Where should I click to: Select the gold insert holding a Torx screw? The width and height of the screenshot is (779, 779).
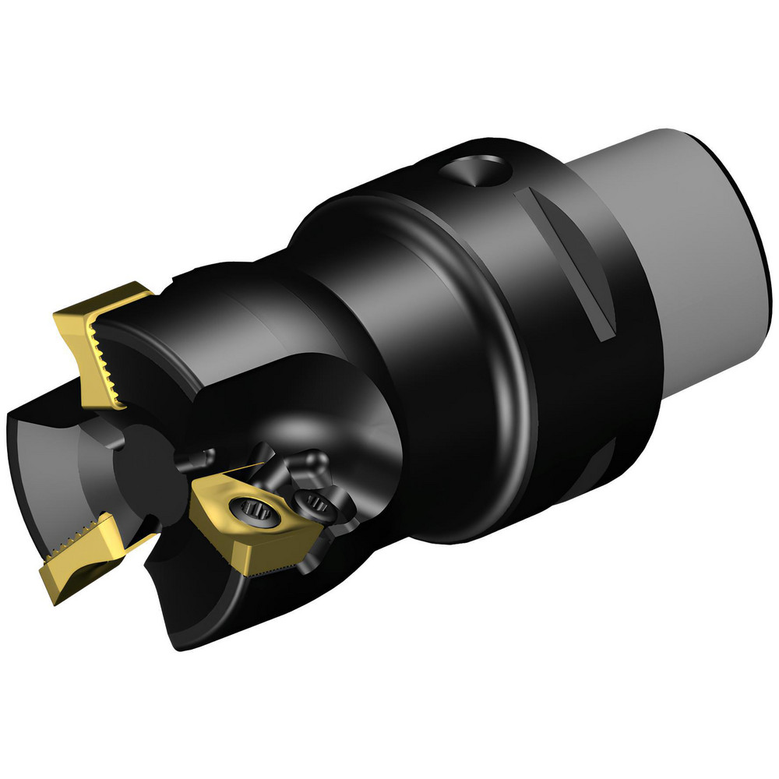(234, 530)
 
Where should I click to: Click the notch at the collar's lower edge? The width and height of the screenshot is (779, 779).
(604, 460)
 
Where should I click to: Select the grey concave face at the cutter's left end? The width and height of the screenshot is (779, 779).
(47, 467)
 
